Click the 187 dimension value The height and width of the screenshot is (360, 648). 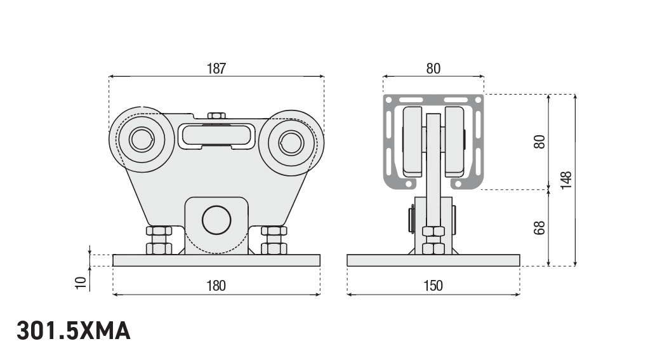pyautogui.click(x=216, y=69)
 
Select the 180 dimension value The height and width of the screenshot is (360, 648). pyautogui.click(x=216, y=286)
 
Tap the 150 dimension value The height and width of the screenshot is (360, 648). pyautogui.click(x=433, y=286)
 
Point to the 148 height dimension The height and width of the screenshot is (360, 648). pyautogui.click(x=567, y=180)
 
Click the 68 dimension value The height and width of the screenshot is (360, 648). pyautogui.click(x=540, y=227)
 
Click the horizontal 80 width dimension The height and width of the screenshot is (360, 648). pyautogui.click(x=433, y=69)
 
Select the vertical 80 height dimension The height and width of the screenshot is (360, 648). pyautogui.click(x=540, y=142)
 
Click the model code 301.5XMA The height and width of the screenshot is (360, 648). pyautogui.click(x=74, y=331)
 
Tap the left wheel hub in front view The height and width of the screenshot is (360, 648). pyautogui.click(x=141, y=139)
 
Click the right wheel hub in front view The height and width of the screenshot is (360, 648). pyautogui.click(x=291, y=142)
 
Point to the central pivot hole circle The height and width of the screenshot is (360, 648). pyautogui.click(x=216, y=220)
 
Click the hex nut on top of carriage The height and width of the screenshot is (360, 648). pyautogui.click(x=216, y=116)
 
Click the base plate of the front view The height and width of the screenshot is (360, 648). pyautogui.click(x=216, y=260)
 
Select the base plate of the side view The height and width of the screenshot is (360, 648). pyautogui.click(x=433, y=260)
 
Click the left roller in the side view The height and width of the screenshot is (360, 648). pyautogui.click(x=412, y=142)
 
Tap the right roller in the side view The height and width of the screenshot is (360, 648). pyautogui.click(x=454, y=142)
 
